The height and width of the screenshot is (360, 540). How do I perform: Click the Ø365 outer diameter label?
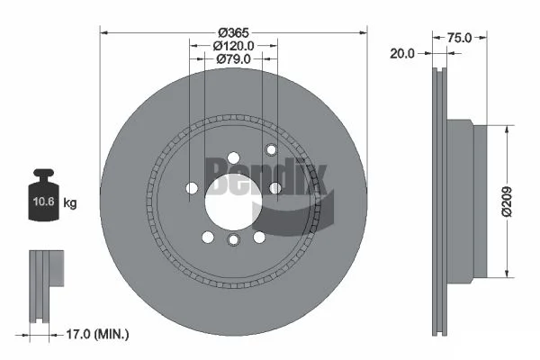point(233,32)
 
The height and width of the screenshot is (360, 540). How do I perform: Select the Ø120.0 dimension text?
point(233,46)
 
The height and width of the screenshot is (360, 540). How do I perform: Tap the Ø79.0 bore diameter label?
point(234,58)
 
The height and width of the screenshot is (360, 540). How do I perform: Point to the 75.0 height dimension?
point(459,38)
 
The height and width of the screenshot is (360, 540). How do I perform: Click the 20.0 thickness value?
point(402,53)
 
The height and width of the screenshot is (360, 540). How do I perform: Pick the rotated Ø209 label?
point(507,202)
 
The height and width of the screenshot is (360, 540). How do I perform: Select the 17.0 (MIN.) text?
point(97,334)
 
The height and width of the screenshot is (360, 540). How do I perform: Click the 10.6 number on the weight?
point(44,202)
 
